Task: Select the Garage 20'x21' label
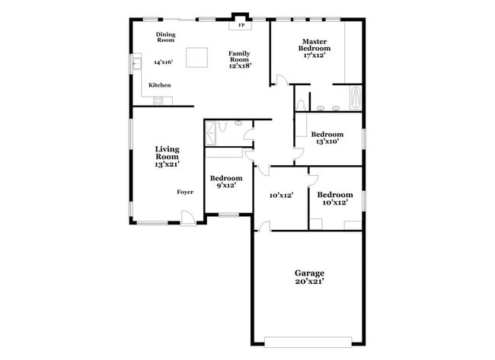pyautogui.click(x=309, y=277)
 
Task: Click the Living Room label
pyautogui.click(x=168, y=156)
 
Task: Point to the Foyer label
pyautogui.click(x=185, y=192)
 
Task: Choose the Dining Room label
pyautogui.click(x=165, y=37)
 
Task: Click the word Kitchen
pyautogui.click(x=160, y=85)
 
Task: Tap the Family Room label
pyautogui.click(x=240, y=59)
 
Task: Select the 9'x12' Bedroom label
pyautogui.click(x=225, y=181)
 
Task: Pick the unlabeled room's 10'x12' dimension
pyautogui.click(x=281, y=196)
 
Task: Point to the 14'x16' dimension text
pyautogui.click(x=164, y=62)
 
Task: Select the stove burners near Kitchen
pyautogui.click(x=160, y=101)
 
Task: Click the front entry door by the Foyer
pyautogui.click(x=187, y=222)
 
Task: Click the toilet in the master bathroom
pyautogui.click(x=303, y=104)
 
